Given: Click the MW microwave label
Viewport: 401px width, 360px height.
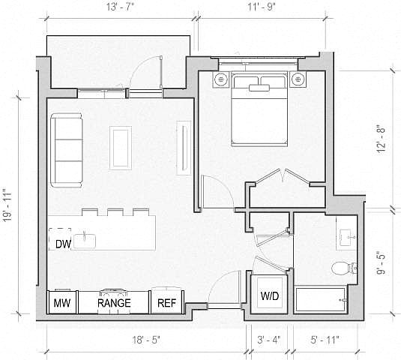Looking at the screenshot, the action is (62, 303).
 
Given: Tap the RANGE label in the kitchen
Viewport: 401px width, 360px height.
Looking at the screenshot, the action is (114, 303).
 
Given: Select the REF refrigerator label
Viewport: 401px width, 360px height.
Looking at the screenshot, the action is (166, 303).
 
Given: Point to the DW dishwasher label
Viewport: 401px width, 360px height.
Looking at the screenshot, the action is (63, 244).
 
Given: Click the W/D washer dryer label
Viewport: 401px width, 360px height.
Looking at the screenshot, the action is (270, 296).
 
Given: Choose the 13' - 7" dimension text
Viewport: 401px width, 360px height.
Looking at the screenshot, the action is (120, 7).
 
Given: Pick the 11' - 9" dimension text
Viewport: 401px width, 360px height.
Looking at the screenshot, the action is (261, 7).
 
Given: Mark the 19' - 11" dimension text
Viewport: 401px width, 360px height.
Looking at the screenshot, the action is (7, 205).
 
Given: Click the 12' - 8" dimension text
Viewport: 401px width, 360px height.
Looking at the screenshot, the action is (381, 139).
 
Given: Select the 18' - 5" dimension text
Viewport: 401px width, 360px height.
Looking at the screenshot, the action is (146, 340).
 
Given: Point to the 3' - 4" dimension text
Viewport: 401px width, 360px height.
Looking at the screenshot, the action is (269, 340).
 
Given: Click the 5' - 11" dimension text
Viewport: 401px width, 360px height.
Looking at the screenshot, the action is (325, 340).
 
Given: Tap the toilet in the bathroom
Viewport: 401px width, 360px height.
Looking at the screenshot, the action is (344, 268).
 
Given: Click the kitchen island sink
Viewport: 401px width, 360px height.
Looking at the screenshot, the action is (84, 241).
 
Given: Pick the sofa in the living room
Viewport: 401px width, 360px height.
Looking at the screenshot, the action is (67, 150).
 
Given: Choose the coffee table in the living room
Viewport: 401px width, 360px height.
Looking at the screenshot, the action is (121, 148).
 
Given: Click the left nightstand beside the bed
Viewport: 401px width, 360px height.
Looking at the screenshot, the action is (220, 79).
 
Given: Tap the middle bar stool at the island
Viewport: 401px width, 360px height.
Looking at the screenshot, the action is (115, 212).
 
